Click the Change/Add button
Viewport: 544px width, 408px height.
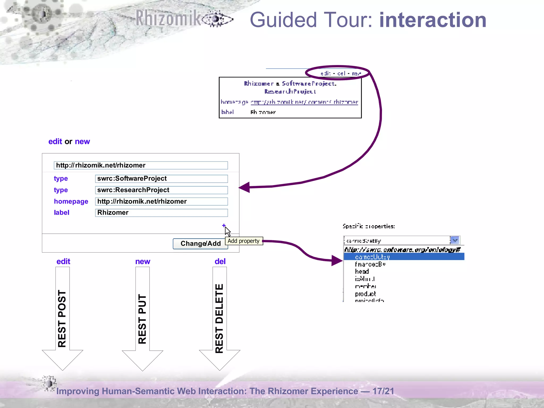pyautogui.click(x=200, y=244)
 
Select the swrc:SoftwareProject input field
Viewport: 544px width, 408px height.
pyautogui.click(x=161, y=178)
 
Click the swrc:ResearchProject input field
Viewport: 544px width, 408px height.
pyautogui.click(x=161, y=190)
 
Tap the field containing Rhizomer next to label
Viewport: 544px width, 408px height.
pyautogui.click(x=161, y=213)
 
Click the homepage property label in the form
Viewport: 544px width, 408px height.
pyautogui.click(x=71, y=201)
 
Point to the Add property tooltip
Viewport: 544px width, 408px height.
pyautogui.click(x=244, y=241)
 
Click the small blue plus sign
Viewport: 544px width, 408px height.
pyautogui.click(x=224, y=226)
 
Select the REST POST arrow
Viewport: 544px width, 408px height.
pyautogui.click(x=62, y=319)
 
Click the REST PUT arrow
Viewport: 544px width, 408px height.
pyautogui.click(x=142, y=319)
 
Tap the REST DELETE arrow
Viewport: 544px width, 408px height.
pyautogui.click(x=219, y=319)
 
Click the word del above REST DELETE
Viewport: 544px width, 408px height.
pyautogui.click(x=220, y=261)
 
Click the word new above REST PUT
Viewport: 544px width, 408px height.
pyautogui.click(x=143, y=261)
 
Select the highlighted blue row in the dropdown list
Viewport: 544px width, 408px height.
pyautogui.click(x=404, y=257)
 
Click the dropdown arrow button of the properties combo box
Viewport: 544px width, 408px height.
pyautogui.click(x=455, y=240)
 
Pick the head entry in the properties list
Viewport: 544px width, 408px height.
pyautogui.click(x=362, y=271)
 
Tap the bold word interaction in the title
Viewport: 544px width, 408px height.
pyautogui.click(x=433, y=20)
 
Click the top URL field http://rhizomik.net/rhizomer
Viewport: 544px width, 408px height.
pyautogui.click(x=141, y=165)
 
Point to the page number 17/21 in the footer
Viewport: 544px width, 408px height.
pyautogui.click(x=383, y=391)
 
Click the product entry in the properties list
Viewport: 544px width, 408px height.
pyautogui.click(x=365, y=294)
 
